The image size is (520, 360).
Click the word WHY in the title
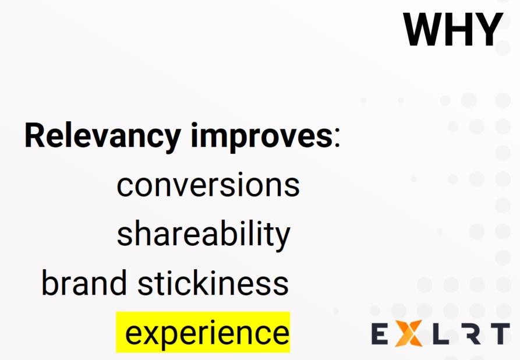point(452,29)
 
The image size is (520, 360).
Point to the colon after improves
point(337,139)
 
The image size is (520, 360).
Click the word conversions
point(208,185)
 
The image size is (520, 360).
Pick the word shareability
point(204,234)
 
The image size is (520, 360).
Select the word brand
point(84,283)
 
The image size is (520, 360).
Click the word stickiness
point(213,283)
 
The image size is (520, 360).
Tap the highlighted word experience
point(207,333)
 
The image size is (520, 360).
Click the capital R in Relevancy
point(35,135)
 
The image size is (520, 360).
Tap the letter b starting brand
point(49,283)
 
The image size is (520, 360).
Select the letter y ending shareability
point(282,238)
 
